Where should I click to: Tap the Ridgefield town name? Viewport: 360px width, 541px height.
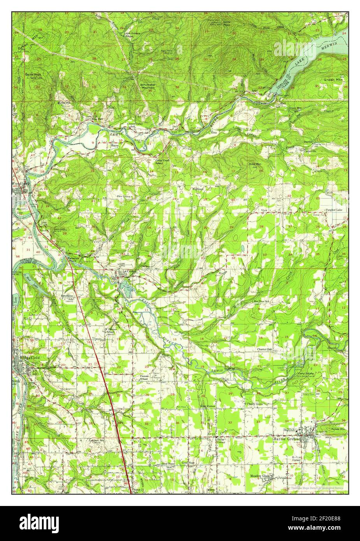tap(27, 357)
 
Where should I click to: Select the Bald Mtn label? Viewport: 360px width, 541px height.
tap(255, 164)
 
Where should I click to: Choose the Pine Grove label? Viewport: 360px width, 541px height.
tap(124, 197)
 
